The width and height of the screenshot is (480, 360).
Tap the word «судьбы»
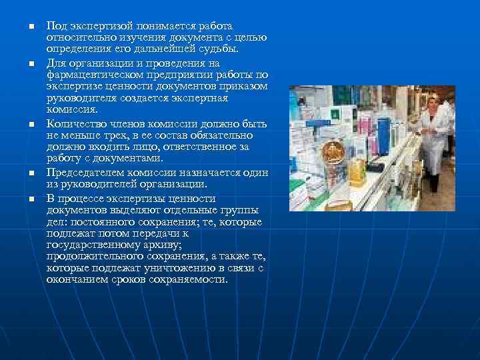[222, 49]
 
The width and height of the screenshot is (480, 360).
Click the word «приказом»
[243, 87]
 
